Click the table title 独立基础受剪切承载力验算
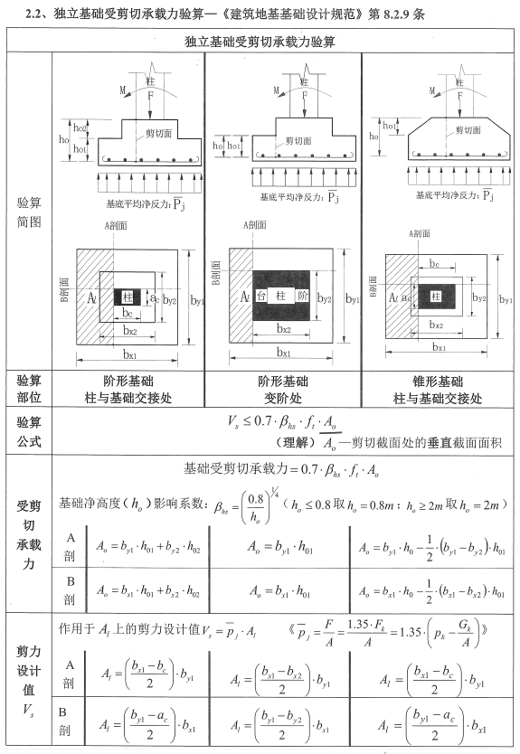(260, 42)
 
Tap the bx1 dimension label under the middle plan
(283, 353)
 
